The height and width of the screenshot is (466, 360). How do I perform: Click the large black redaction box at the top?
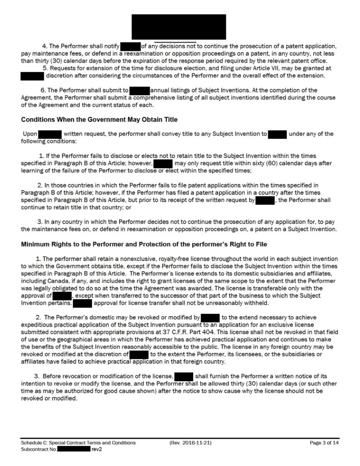(179, 27)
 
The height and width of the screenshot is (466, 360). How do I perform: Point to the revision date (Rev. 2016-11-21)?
(191, 442)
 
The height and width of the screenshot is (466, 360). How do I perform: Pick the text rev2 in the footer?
(97, 449)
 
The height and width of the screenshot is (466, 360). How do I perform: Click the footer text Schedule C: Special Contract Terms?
(78, 442)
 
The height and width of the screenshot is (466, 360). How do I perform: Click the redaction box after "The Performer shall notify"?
(131, 46)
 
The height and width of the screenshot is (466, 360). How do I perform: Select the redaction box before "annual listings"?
(140, 90)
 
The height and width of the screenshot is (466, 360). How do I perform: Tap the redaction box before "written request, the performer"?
(50, 134)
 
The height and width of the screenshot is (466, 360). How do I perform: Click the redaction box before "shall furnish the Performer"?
(184, 377)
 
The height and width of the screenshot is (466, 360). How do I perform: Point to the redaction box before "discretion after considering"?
(32, 75)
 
